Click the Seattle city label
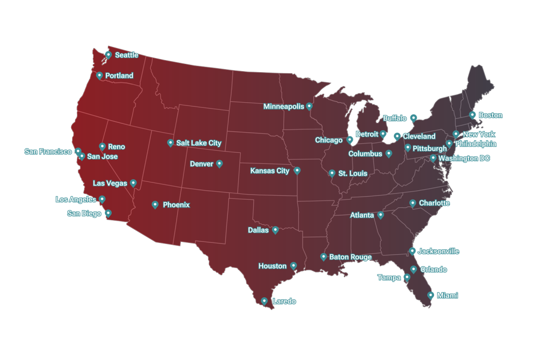pos(127,55)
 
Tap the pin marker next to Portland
pos(100,75)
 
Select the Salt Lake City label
pos(199,143)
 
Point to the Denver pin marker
pos(219,163)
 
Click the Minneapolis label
pos(284,106)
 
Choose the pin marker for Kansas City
pos(297,170)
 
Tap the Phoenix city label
pos(176,205)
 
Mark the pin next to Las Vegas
pos(133,183)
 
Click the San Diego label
pos(84,213)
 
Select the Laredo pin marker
pos(264,301)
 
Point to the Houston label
pos(272,266)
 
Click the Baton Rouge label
pos(350,257)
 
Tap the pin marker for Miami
pos(431,295)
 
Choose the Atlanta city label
pos(362,215)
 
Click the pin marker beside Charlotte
pos(413,203)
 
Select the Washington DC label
pos(464,158)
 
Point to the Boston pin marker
pos(472,114)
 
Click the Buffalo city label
pos(395,118)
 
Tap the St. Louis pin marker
pos(332,173)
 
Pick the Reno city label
pos(117,147)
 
